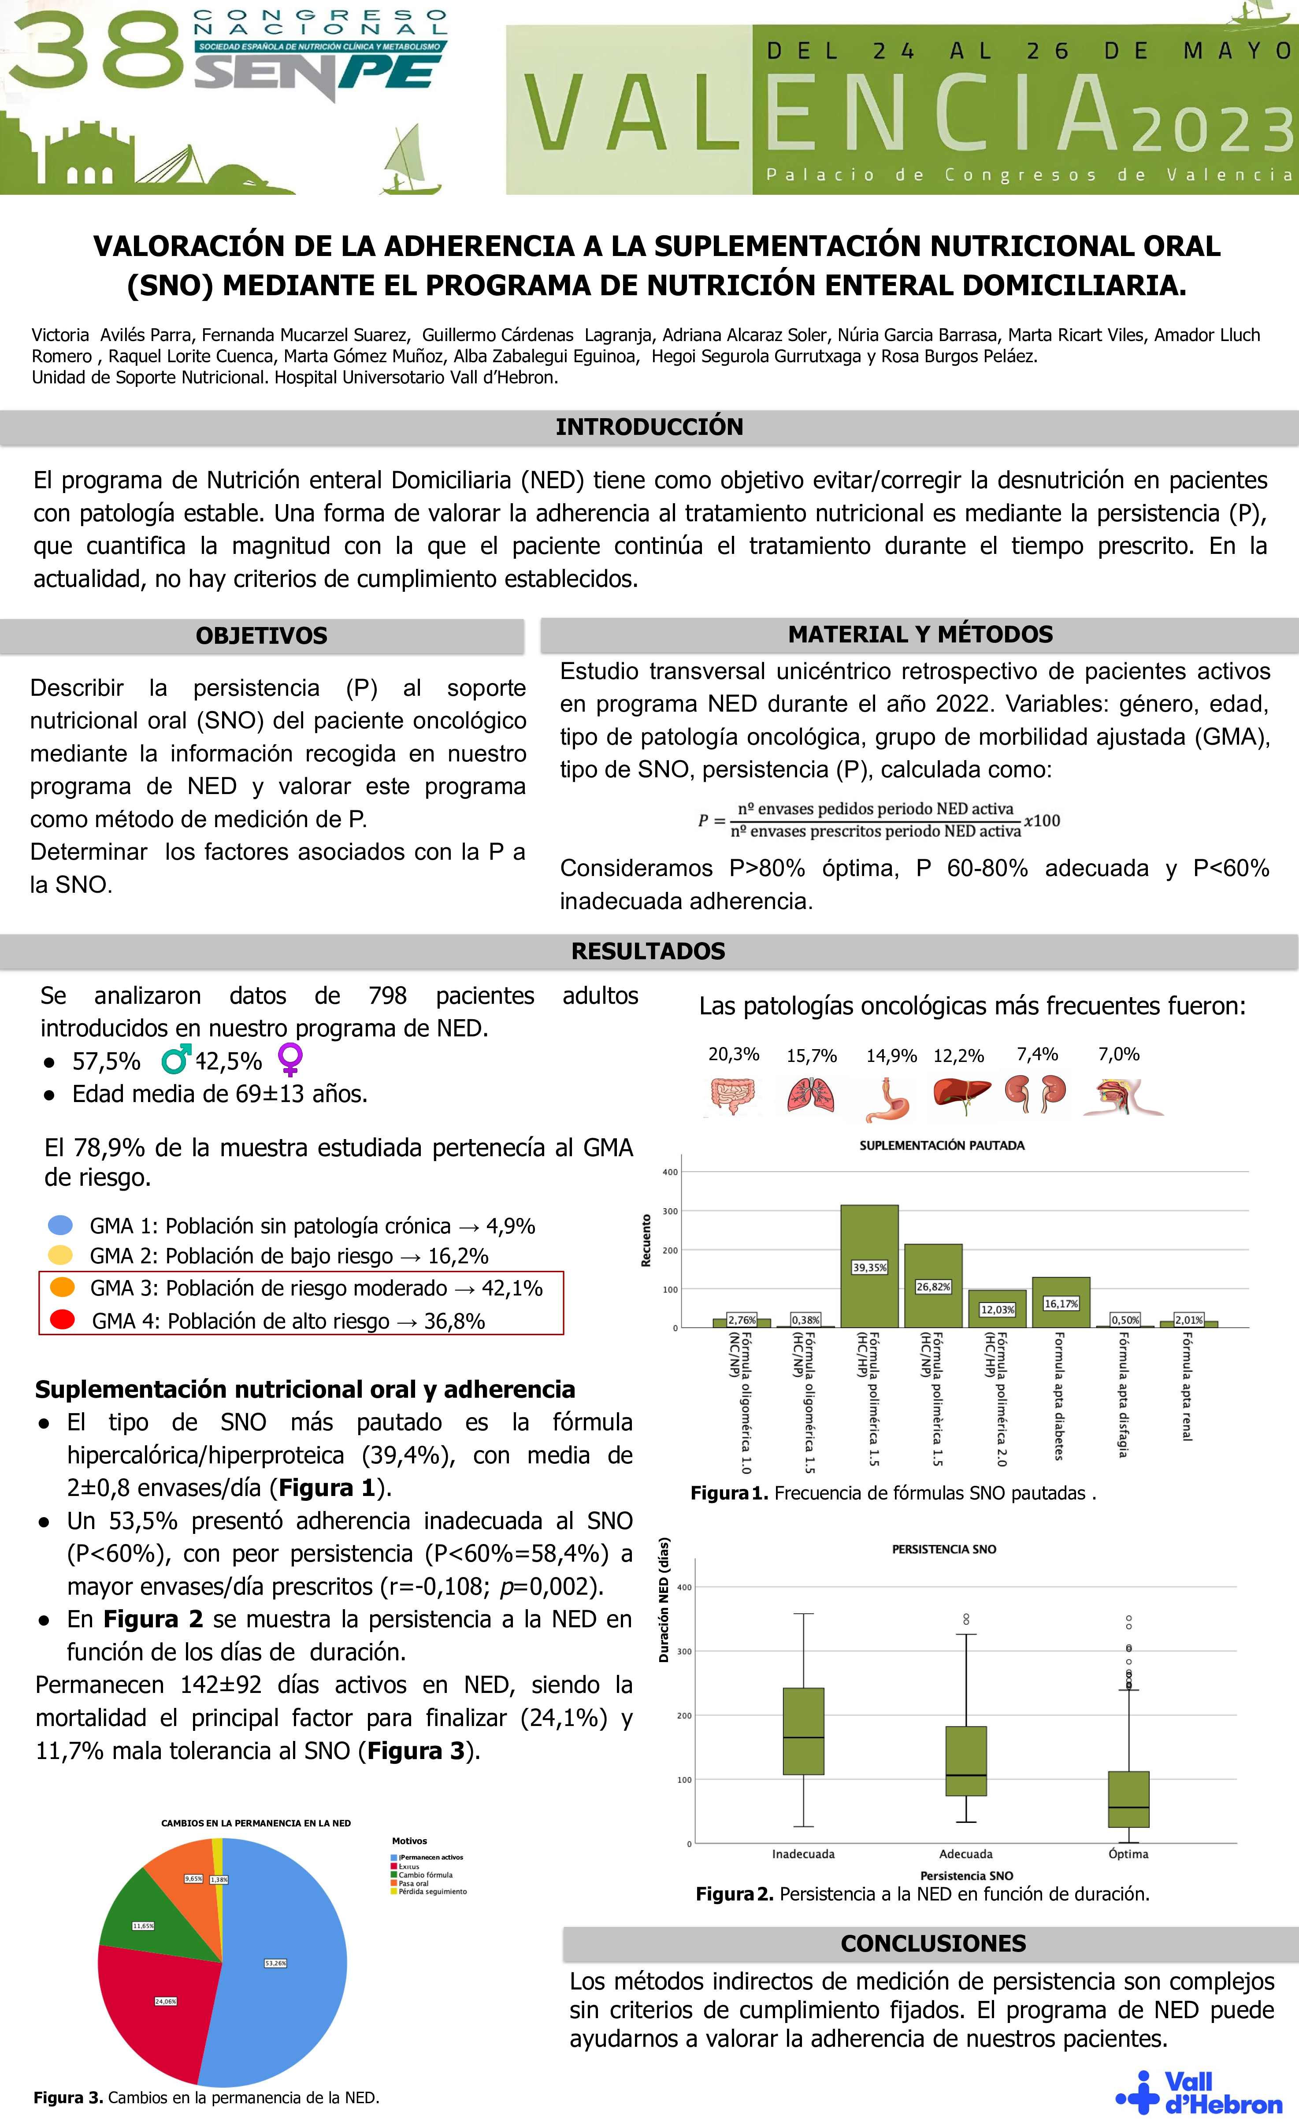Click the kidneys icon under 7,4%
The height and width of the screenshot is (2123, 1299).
(x=1036, y=1094)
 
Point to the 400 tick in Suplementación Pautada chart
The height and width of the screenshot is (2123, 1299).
(x=669, y=1172)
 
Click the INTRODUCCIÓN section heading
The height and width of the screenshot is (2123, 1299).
(x=649, y=427)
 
